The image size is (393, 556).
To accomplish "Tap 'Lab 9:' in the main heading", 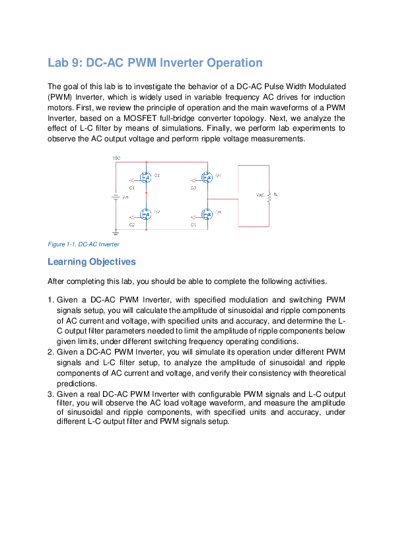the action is (65, 63).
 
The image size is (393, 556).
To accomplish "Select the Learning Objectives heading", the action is (92, 262).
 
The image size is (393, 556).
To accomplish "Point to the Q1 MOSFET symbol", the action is (146, 177).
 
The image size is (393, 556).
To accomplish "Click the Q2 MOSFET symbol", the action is (146, 214).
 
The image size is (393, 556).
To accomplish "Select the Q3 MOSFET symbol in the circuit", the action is (207, 177).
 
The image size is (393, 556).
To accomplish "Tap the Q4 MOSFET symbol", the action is (207, 214).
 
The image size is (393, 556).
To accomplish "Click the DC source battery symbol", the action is (116, 196).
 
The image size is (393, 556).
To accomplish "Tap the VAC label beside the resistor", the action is (260, 195).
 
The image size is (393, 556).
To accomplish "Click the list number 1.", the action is (51, 300).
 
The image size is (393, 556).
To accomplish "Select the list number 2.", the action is (51, 351).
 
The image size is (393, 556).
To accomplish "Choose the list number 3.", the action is (51, 394).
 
